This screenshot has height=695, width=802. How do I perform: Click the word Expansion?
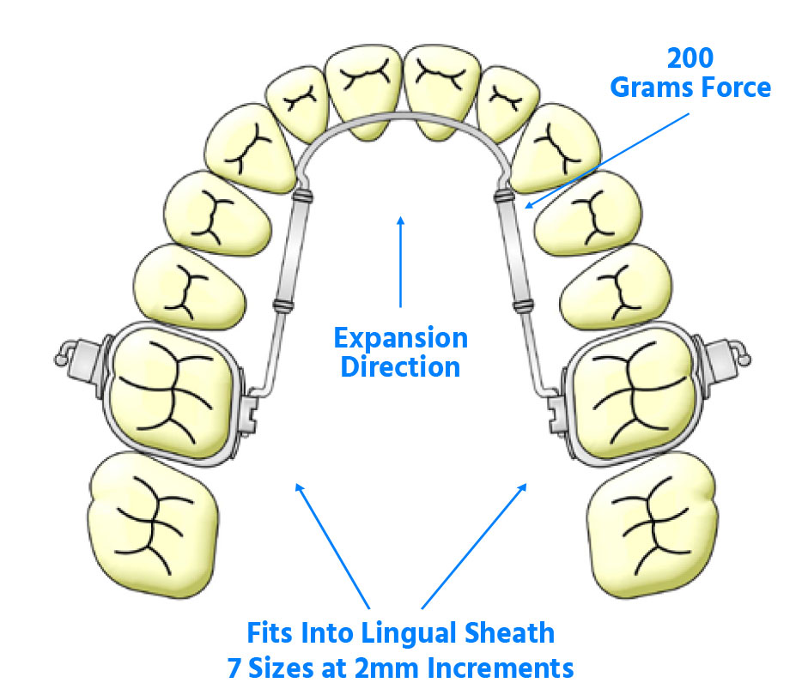[401, 338]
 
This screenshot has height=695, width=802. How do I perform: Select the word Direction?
[401, 366]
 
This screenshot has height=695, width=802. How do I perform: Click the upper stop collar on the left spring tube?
[301, 196]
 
